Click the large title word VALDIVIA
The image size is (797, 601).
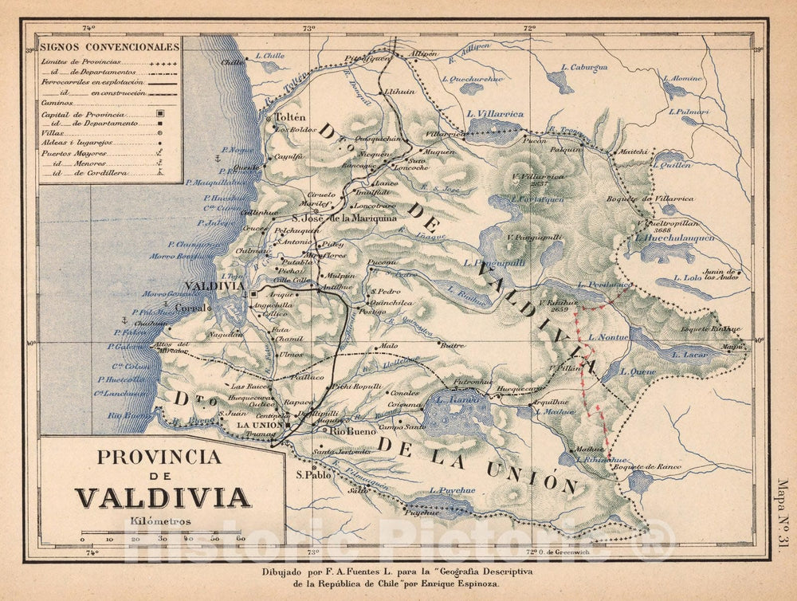(163, 497)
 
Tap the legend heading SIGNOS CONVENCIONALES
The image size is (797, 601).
(110, 47)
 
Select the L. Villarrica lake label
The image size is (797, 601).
(495, 114)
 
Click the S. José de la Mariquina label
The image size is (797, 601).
(343, 217)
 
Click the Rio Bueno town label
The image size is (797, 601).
(348, 431)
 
